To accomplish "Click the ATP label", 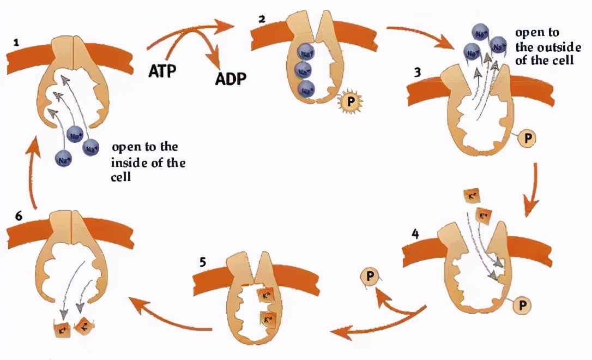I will pyautogui.click(x=164, y=71).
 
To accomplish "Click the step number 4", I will pyautogui.click(x=415, y=235).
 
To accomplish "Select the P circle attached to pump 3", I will pyautogui.click(x=526, y=139).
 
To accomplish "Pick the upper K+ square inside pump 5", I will pyautogui.click(x=266, y=298).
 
